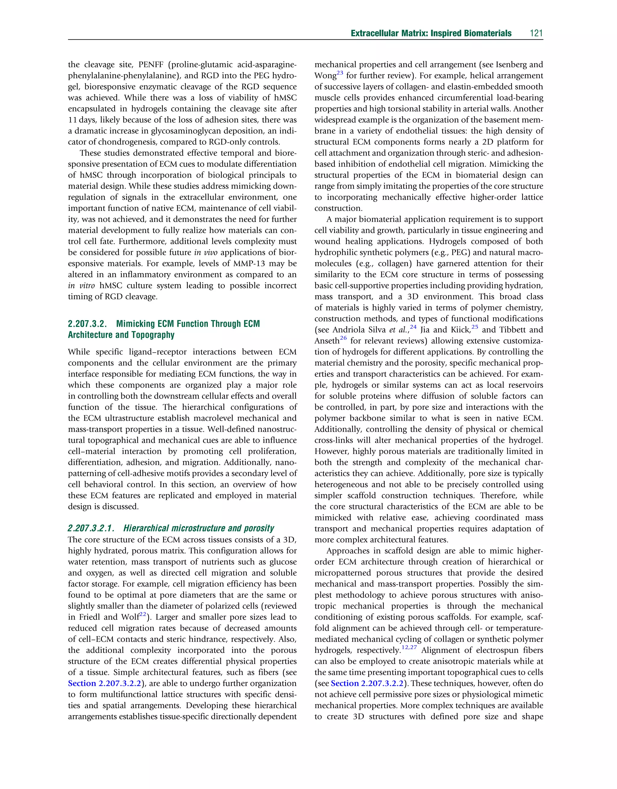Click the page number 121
pos(536,33)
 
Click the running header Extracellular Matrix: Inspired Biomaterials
pos(431,33)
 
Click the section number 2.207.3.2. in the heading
pos(87,324)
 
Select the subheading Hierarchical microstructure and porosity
pos(198,529)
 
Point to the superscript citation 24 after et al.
pos(413,327)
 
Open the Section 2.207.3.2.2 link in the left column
pos(105,683)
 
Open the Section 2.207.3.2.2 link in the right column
pos(367,683)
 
